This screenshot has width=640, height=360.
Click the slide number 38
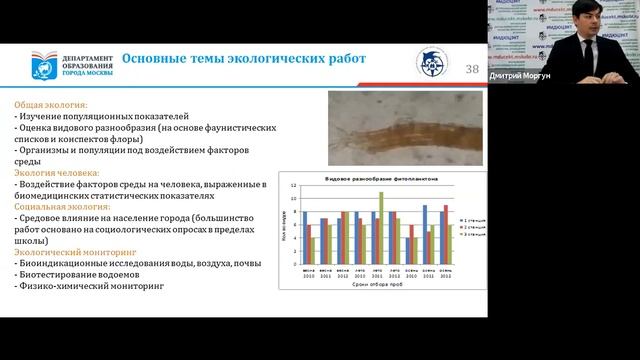[472, 68]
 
